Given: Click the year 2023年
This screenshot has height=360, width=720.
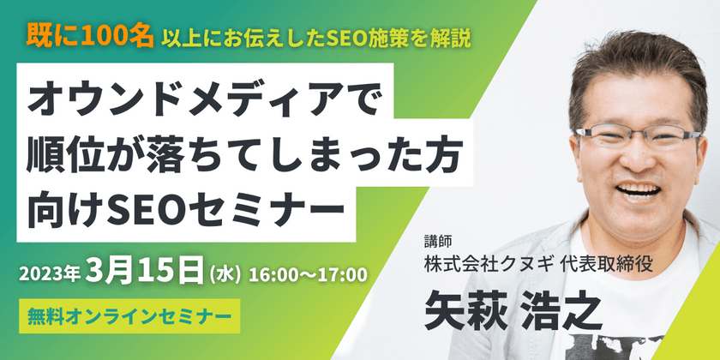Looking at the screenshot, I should pyautogui.click(x=53, y=275).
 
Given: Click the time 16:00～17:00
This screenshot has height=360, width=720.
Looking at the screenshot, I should pyautogui.click(x=307, y=275).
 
